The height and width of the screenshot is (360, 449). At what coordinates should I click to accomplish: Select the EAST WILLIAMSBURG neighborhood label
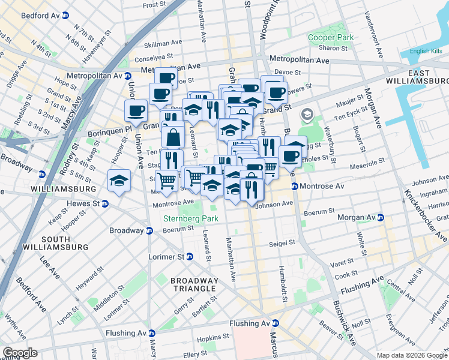pyautogui.click(x=417, y=76)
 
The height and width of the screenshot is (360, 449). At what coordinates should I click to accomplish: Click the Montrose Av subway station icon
pyautogui.click(x=295, y=187)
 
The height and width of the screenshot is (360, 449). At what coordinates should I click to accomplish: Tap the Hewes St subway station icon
pyautogui.click(x=105, y=203)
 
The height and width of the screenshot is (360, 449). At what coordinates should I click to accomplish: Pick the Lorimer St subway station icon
pyautogui.click(x=189, y=257)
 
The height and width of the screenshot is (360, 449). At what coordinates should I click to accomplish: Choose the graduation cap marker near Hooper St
pyautogui.click(x=119, y=179)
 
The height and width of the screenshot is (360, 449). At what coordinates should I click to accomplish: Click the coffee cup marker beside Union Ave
pyautogui.click(x=136, y=110)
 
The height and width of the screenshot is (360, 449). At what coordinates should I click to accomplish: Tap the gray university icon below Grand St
pyautogui.click(x=307, y=114)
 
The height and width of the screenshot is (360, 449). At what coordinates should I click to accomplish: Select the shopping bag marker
pyautogui.click(x=173, y=137)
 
